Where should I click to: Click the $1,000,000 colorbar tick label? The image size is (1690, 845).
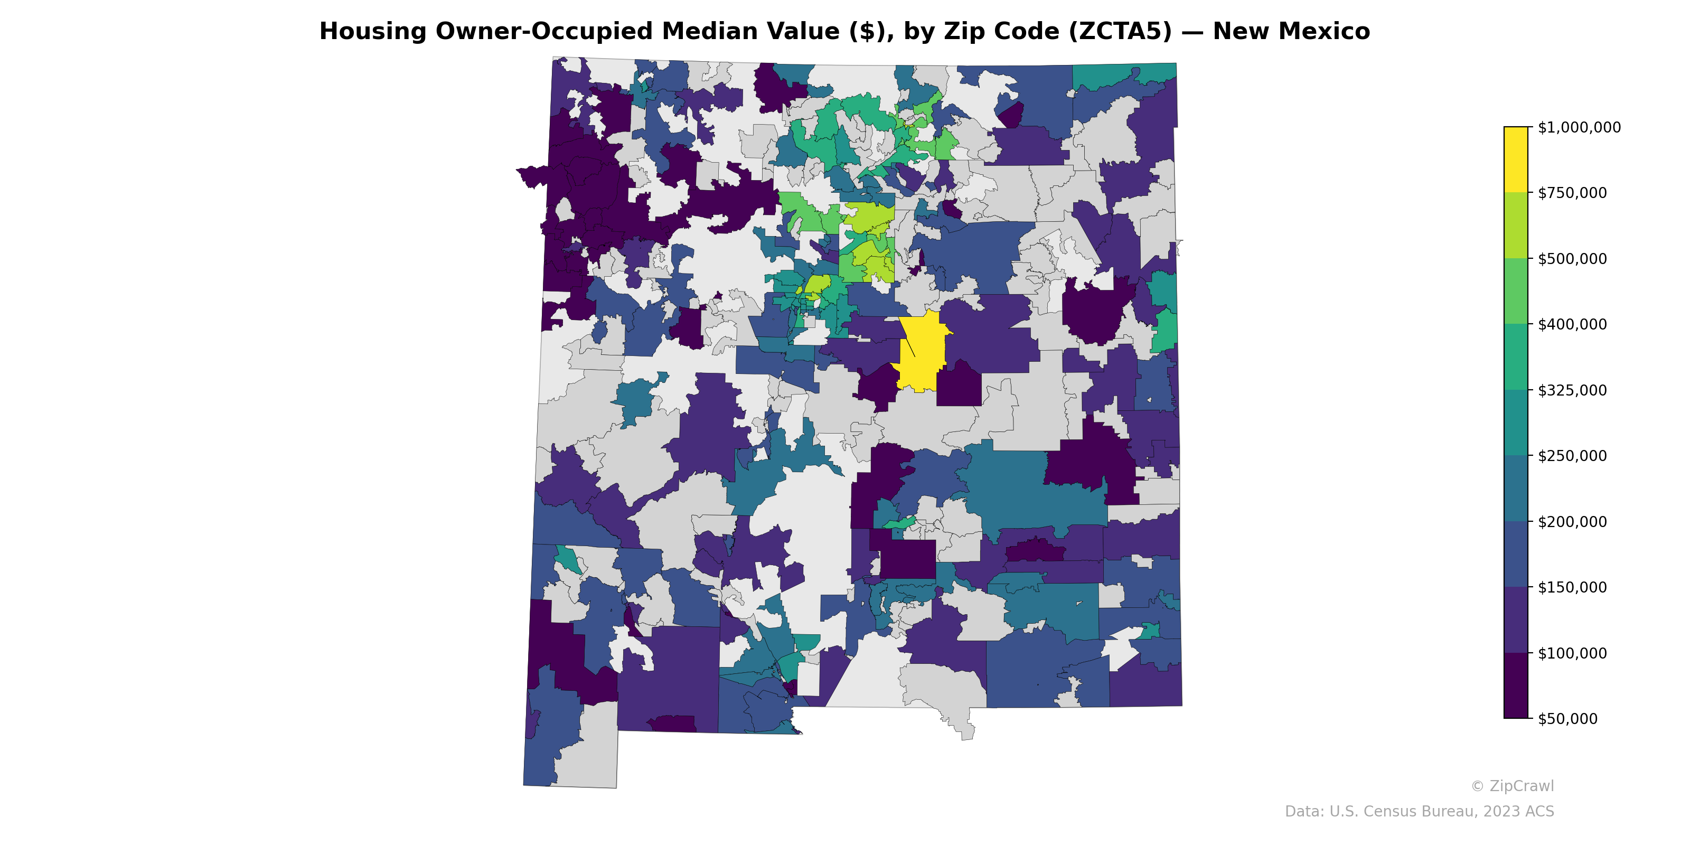click(1579, 127)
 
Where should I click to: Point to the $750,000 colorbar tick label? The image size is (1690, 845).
click(1572, 193)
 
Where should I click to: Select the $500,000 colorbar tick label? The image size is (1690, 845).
click(1572, 258)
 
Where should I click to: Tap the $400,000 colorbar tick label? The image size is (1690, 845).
click(1572, 324)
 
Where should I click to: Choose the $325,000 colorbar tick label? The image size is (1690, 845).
click(1572, 390)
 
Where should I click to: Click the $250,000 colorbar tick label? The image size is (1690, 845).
click(1572, 456)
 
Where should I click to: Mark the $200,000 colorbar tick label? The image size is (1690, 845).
click(1572, 522)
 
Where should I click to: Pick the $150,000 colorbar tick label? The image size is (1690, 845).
click(1572, 587)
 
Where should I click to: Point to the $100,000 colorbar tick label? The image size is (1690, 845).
click(1572, 653)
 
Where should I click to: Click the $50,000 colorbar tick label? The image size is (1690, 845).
click(1568, 719)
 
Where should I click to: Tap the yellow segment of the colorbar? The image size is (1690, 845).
click(1516, 159)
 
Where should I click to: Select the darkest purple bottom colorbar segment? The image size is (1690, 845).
click(1516, 686)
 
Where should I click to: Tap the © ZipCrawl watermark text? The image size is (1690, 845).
click(1512, 786)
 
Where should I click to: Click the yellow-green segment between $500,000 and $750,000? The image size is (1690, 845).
click(1516, 225)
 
